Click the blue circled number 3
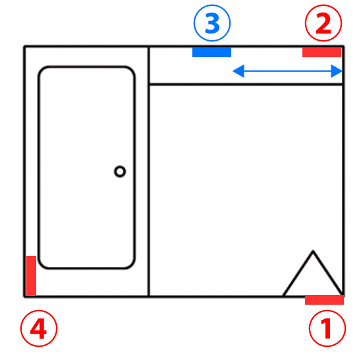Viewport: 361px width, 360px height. click(x=212, y=23)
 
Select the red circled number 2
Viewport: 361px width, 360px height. click(x=323, y=23)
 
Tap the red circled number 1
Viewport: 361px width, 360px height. click(x=327, y=328)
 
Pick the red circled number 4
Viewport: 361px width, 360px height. click(x=39, y=328)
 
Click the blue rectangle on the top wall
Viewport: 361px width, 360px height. click(x=212, y=52)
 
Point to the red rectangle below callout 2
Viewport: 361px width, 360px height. click(x=321, y=52)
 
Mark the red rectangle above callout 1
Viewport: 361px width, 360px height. click(x=324, y=299)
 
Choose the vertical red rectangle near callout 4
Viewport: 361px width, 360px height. click(x=32, y=275)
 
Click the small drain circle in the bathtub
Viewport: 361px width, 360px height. click(x=120, y=171)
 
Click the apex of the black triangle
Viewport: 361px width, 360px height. click(x=313, y=251)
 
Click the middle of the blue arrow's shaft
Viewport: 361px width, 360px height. click(x=288, y=71)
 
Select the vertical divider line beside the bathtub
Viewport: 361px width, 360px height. click(x=149, y=171)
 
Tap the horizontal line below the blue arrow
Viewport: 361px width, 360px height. click(x=246, y=84)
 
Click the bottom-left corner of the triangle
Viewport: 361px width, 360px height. click(x=283, y=296)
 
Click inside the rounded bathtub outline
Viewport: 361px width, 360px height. click(x=86, y=167)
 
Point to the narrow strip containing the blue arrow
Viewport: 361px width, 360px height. click(x=246, y=66)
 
